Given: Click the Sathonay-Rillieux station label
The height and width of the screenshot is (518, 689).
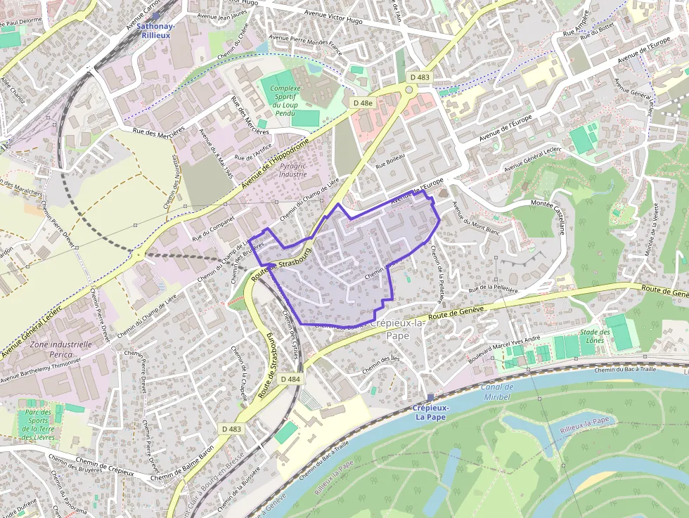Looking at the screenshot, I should click(x=156, y=30).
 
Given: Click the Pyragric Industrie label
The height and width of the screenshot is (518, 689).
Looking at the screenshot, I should click(x=293, y=169).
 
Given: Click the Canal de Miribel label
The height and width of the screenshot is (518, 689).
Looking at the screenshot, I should click(x=498, y=391).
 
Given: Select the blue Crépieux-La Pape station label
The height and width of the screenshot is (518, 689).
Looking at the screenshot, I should click(x=430, y=411).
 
